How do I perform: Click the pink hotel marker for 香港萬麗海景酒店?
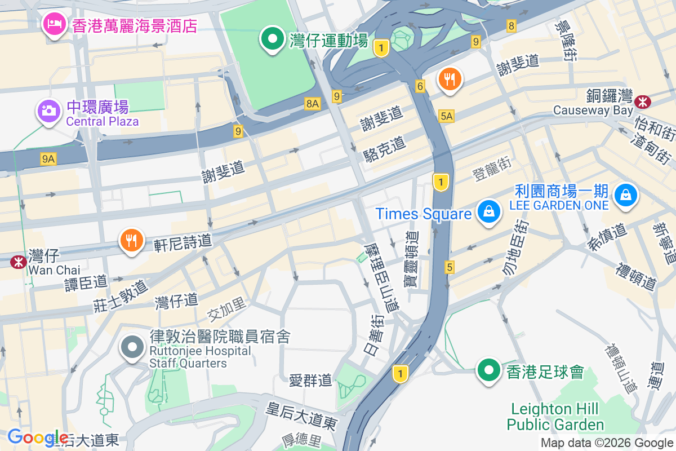coord(54,24)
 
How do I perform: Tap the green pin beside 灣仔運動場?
coord(273,40)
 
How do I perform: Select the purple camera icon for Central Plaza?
coord(49,110)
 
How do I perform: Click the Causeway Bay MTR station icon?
coord(642,102)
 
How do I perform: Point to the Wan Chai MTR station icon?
coord(19,262)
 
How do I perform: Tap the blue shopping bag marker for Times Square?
coord(488,212)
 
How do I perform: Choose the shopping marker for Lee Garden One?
coord(626,195)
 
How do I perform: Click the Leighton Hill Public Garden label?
coord(555,417)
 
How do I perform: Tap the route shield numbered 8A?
coord(312,103)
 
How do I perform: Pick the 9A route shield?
coord(48,159)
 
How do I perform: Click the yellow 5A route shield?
coord(446,116)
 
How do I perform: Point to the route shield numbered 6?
coord(420,86)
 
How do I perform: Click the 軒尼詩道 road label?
coord(183,242)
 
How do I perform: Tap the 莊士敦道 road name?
coord(122,296)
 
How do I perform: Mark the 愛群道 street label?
coord(310,381)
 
